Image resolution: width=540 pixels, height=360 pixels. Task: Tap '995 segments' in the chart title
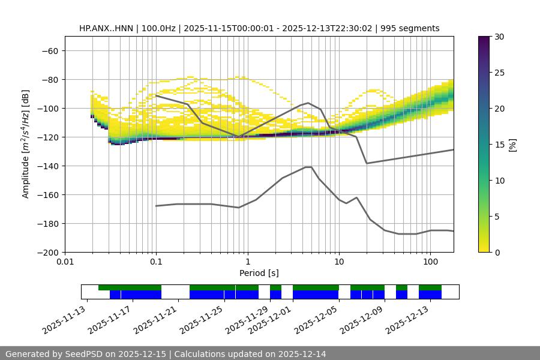click(414, 28)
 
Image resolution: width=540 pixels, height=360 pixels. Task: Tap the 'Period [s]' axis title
click(259, 273)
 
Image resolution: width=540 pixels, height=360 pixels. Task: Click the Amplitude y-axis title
click(26, 144)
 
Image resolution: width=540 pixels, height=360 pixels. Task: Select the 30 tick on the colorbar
click(499, 37)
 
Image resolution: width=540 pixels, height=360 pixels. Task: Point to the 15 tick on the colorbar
click(499, 144)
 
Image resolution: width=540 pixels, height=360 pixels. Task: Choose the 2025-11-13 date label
click(63, 320)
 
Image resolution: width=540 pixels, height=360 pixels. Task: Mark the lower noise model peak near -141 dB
click(308, 167)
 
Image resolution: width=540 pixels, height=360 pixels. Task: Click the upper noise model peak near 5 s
click(308, 103)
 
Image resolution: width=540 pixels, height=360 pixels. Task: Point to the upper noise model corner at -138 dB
click(367, 163)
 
